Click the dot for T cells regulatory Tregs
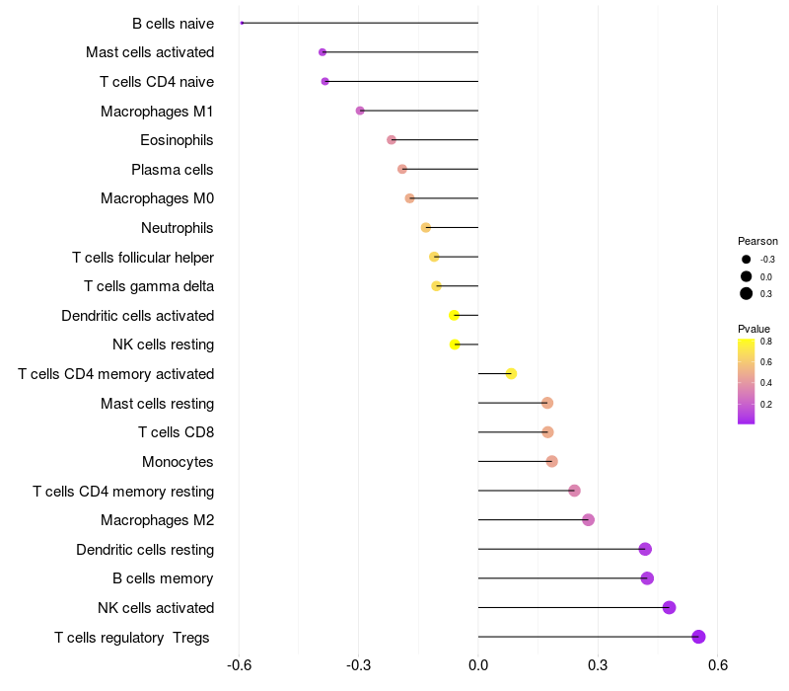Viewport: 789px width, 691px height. (699, 637)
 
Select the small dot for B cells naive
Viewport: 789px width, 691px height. (242, 23)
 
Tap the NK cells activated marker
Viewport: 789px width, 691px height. (670, 607)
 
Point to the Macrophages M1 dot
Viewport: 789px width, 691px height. (360, 111)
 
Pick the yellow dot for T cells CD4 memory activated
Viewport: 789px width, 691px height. (511, 373)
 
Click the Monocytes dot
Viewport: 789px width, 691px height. (551, 461)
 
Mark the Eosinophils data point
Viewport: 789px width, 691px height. (392, 140)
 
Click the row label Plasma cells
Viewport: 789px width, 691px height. (173, 170)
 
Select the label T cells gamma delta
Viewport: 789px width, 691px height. (149, 286)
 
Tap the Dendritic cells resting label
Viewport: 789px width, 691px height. (145, 549)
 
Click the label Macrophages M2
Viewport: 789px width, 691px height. (158, 520)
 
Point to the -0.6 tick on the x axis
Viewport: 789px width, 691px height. (239, 665)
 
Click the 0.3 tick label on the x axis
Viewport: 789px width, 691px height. (598, 665)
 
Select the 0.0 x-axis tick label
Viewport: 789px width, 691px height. (478, 665)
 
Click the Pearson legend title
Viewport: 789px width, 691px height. (757, 241)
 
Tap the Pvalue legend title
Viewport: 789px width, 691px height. (754, 329)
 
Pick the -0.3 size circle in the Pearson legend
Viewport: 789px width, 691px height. (747, 260)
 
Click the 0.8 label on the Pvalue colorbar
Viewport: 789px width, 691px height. (765, 342)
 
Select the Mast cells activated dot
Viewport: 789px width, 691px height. (323, 52)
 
